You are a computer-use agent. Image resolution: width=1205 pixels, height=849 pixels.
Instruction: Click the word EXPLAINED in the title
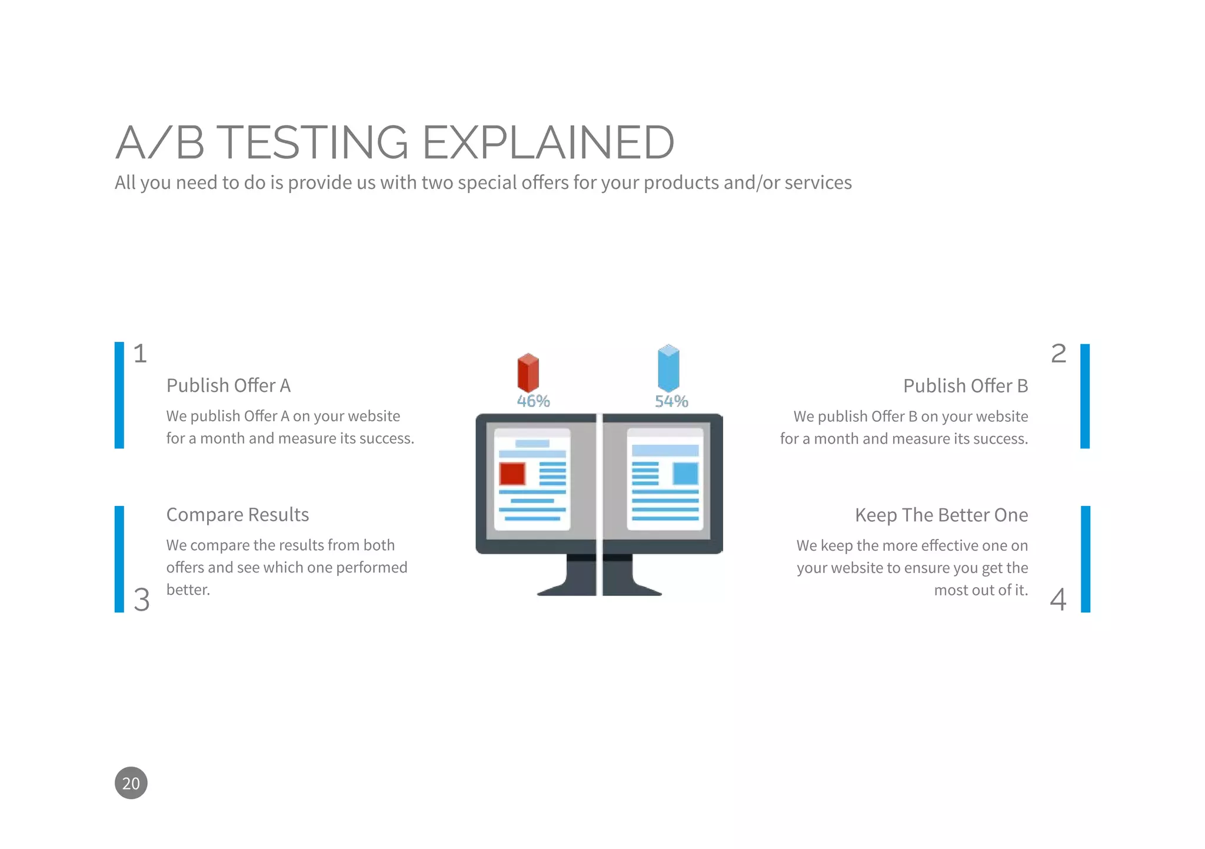point(548,142)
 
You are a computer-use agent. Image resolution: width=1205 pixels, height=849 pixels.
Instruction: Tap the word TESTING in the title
point(315,142)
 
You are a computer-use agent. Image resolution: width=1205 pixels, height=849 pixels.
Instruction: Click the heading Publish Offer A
point(228,385)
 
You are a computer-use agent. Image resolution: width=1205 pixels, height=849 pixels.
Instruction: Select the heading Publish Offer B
point(965,386)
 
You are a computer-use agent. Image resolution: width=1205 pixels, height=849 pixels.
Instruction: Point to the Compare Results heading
point(237,515)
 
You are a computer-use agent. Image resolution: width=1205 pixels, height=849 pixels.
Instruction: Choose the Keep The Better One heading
point(941,515)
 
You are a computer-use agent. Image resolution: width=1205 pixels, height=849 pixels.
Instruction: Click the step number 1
point(140,354)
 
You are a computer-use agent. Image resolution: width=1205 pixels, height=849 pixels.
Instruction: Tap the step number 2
point(1058,354)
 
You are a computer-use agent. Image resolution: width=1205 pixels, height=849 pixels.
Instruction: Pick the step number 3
point(141,600)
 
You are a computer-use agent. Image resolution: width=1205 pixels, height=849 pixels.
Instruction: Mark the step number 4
point(1058,600)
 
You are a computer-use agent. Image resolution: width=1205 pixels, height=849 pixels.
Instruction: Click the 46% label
point(533,401)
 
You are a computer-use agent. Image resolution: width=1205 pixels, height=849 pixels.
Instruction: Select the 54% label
point(671,401)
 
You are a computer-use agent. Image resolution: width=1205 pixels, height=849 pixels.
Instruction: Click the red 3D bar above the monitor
point(528,372)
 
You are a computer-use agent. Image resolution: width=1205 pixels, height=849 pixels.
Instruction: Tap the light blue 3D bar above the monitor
point(668,368)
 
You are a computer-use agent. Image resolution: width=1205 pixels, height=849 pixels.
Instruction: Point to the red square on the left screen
point(512,474)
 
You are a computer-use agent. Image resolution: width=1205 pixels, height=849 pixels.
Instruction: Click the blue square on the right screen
point(685,474)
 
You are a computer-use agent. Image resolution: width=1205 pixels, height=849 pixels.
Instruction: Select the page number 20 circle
point(131,783)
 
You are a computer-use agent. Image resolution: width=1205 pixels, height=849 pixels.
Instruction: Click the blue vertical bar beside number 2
point(1085,396)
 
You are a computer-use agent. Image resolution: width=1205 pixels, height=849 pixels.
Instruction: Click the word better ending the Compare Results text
point(187,590)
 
